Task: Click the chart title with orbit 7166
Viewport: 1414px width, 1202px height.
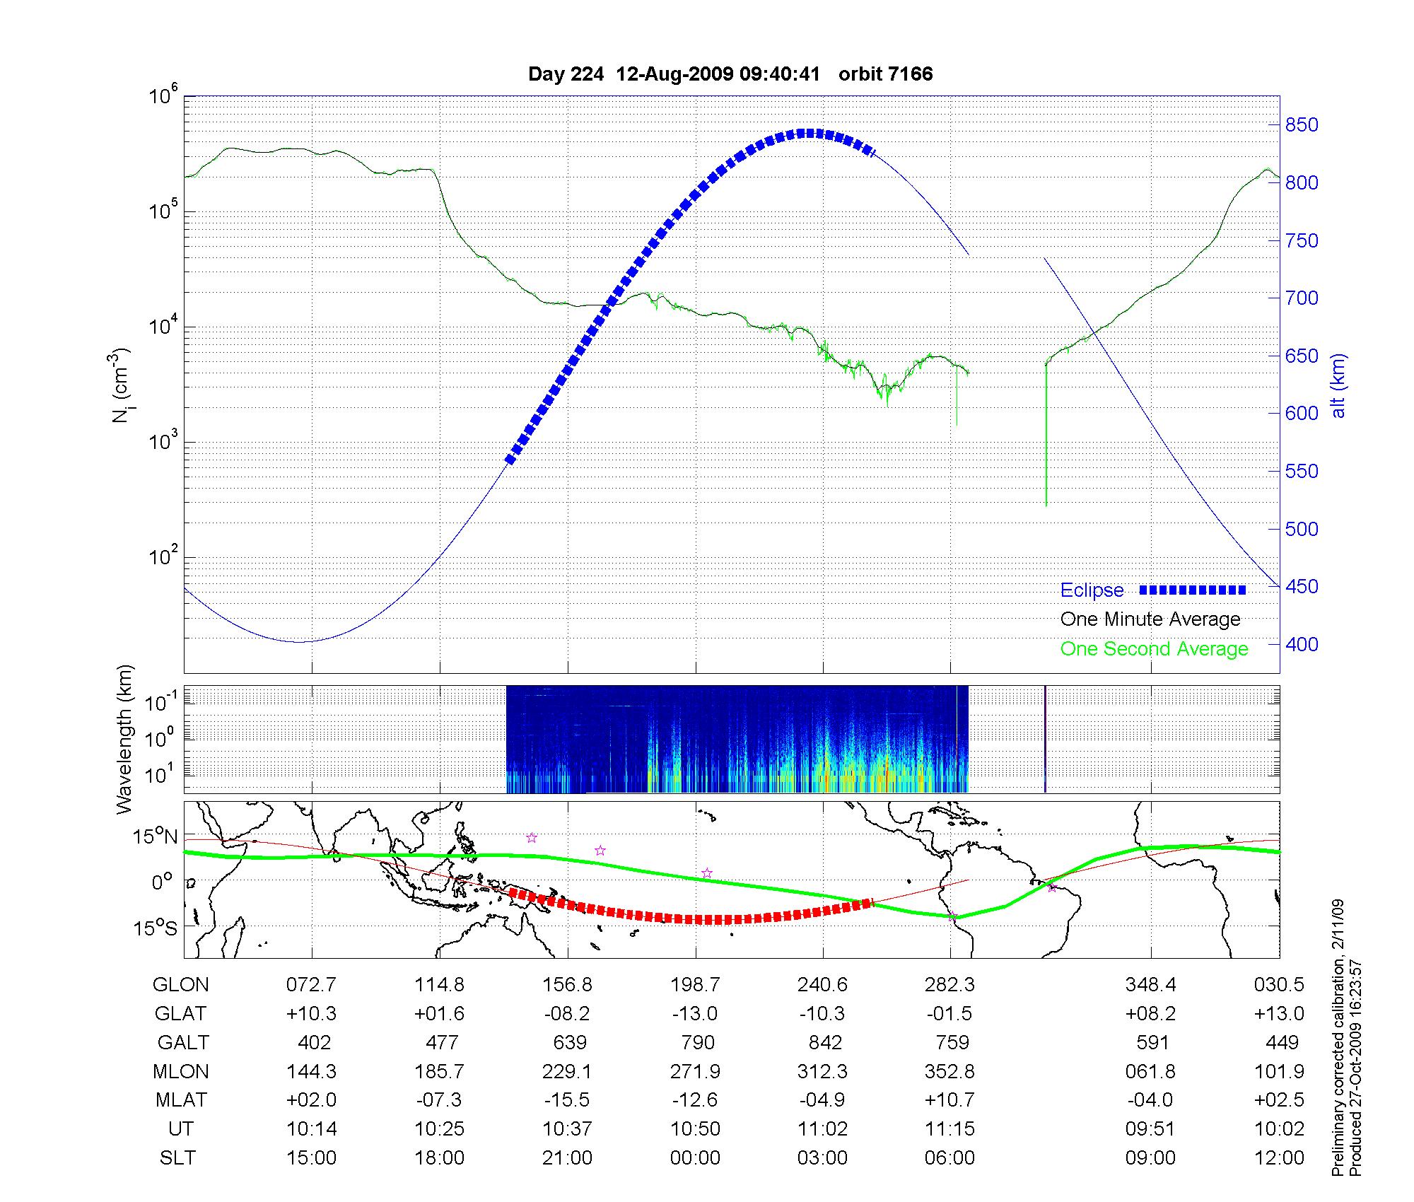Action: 730,74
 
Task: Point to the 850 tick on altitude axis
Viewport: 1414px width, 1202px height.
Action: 1302,125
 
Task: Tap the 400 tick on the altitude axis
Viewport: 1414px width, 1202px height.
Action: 1302,644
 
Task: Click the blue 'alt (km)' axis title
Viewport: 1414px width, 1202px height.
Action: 1338,385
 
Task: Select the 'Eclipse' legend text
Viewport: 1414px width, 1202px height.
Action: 1092,590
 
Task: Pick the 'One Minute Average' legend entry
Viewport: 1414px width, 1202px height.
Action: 1150,619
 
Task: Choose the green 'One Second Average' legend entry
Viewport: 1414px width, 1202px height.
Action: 1154,649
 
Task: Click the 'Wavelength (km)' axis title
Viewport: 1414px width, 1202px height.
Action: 124,739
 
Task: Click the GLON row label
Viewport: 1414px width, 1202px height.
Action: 181,985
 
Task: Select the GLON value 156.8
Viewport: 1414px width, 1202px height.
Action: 567,985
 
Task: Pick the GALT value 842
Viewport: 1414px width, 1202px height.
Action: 825,1043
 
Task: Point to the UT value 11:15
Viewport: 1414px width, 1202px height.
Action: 950,1129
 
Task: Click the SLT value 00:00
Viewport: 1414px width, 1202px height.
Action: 695,1158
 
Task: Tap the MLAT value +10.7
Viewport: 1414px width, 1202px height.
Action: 950,1100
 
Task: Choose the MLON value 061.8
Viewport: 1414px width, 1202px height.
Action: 1150,1072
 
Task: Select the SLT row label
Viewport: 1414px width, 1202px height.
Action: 177,1158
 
